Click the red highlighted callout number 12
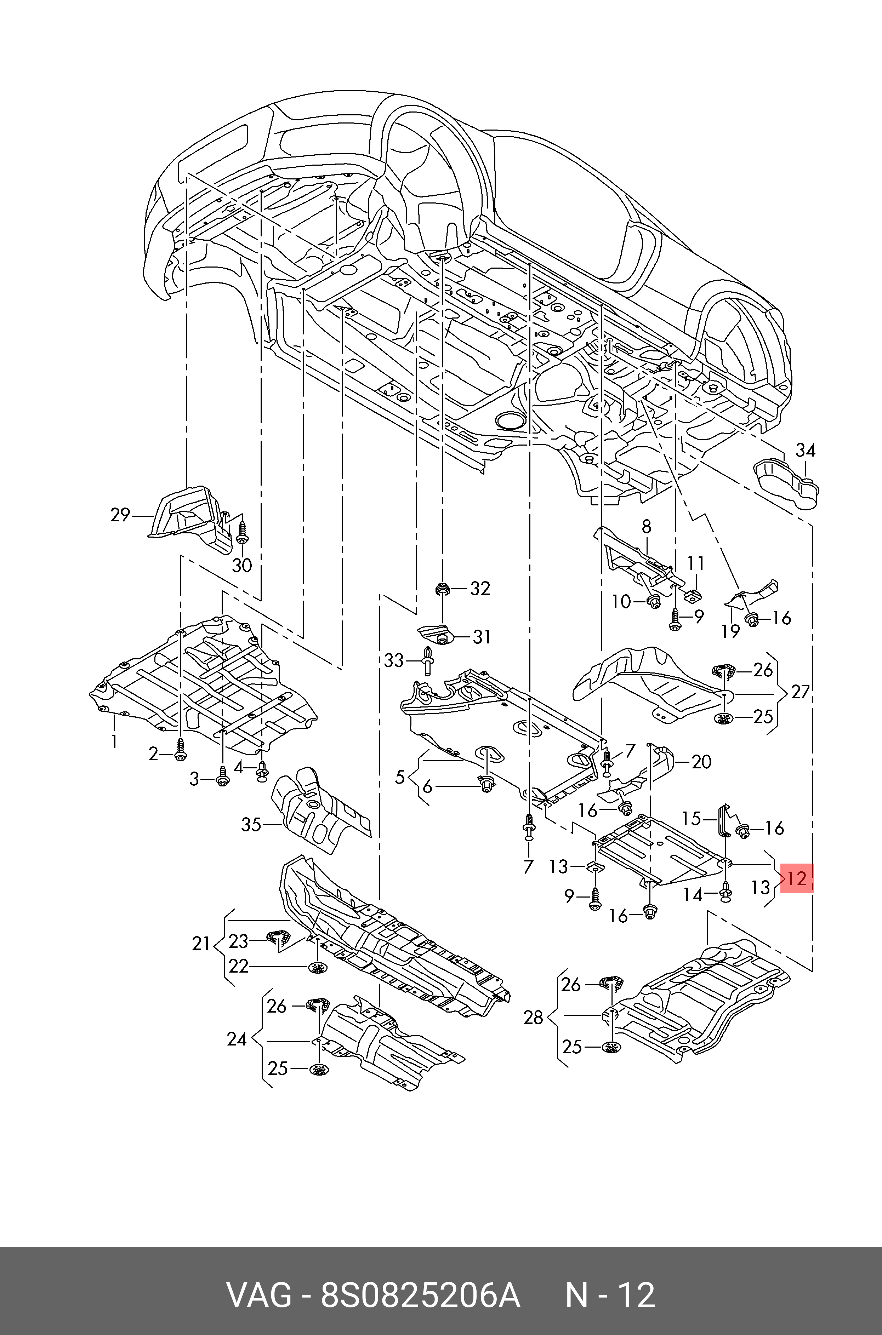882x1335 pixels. tap(797, 878)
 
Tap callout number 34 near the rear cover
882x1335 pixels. tap(805, 450)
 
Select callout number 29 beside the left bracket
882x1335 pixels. tap(120, 515)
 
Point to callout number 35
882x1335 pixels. tap(251, 825)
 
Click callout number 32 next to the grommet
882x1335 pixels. tap(480, 589)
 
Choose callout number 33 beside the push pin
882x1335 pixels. tap(394, 660)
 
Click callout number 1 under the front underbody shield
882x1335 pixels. tap(114, 741)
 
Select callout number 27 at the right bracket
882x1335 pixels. tap(800, 692)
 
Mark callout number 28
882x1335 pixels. tap(533, 1018)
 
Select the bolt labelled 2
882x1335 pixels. tap(180, 751)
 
